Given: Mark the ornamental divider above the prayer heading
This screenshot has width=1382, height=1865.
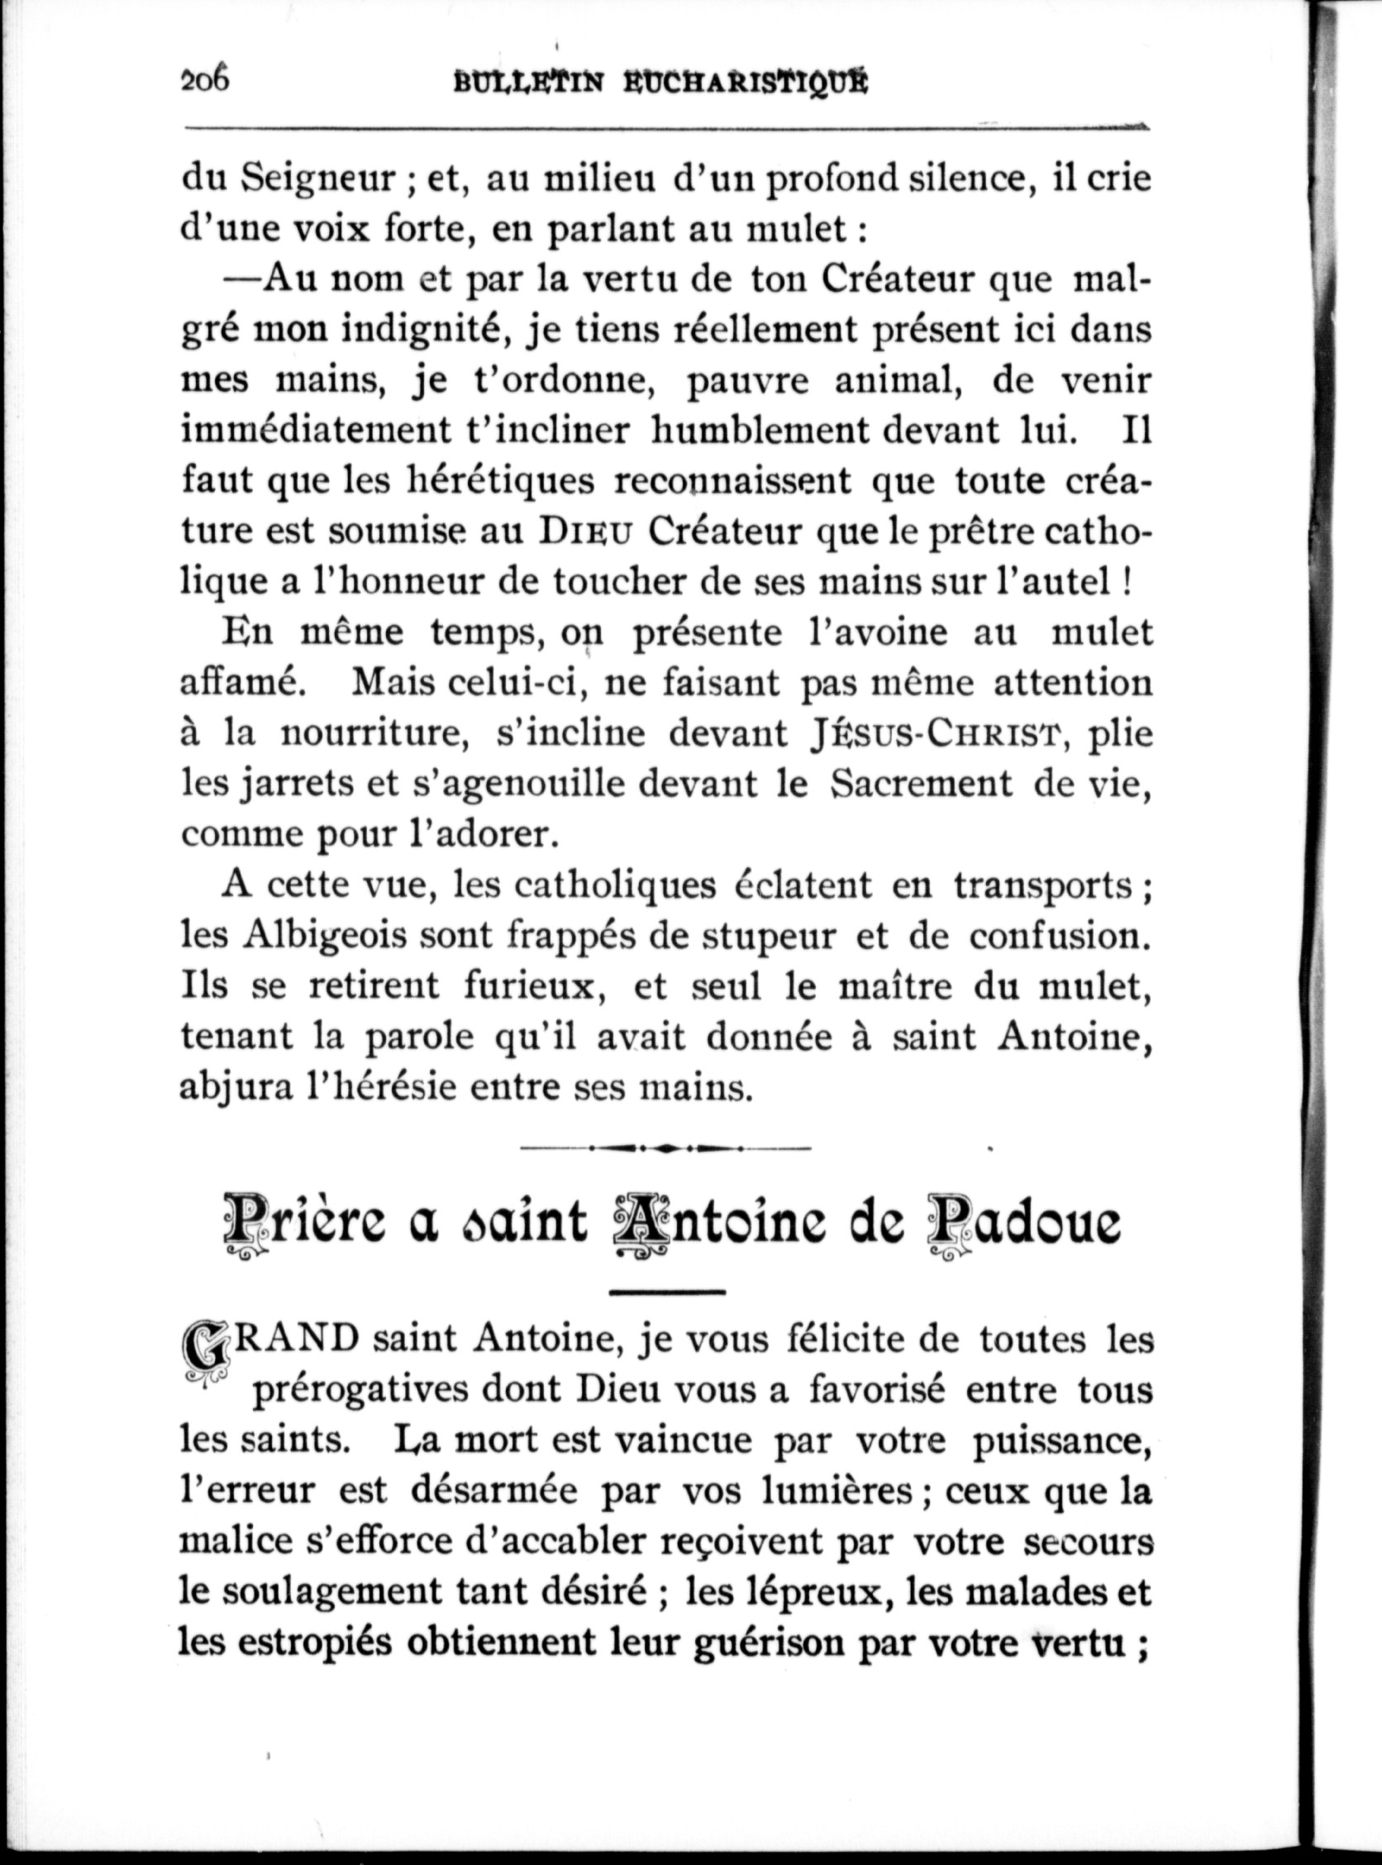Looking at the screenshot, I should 665,1147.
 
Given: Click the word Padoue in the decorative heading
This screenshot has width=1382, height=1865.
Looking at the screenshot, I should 1026,1224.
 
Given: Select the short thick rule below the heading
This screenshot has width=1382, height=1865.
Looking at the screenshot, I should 666,1294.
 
